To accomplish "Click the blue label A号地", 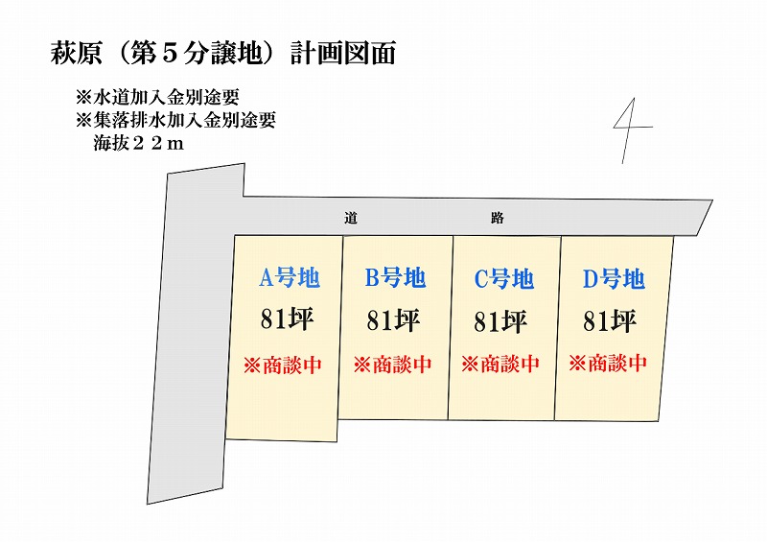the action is (290, 277).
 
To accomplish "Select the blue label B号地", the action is (395, 277).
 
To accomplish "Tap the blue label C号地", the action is (504, 279).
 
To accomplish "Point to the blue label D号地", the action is (614, 279).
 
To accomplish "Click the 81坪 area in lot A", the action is (287, 319).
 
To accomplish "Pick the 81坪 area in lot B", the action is (393, 320).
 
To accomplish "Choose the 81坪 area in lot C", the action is (500, 321).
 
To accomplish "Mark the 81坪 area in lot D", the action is (610, 321).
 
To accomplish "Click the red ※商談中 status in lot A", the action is (283, 365).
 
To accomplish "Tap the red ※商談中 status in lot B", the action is (393, 365).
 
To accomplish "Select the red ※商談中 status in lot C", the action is (500, 364).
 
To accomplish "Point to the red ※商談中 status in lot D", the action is (608, 364).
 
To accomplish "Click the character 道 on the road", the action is (351, 218).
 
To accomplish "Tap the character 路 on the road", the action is (498, 218).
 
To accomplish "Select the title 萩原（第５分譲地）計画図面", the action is (223, 54).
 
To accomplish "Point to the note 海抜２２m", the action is (139, 144).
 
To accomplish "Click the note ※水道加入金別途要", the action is (157, 97).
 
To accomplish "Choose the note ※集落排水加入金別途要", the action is (176, 120).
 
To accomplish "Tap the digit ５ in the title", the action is (170, 54).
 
